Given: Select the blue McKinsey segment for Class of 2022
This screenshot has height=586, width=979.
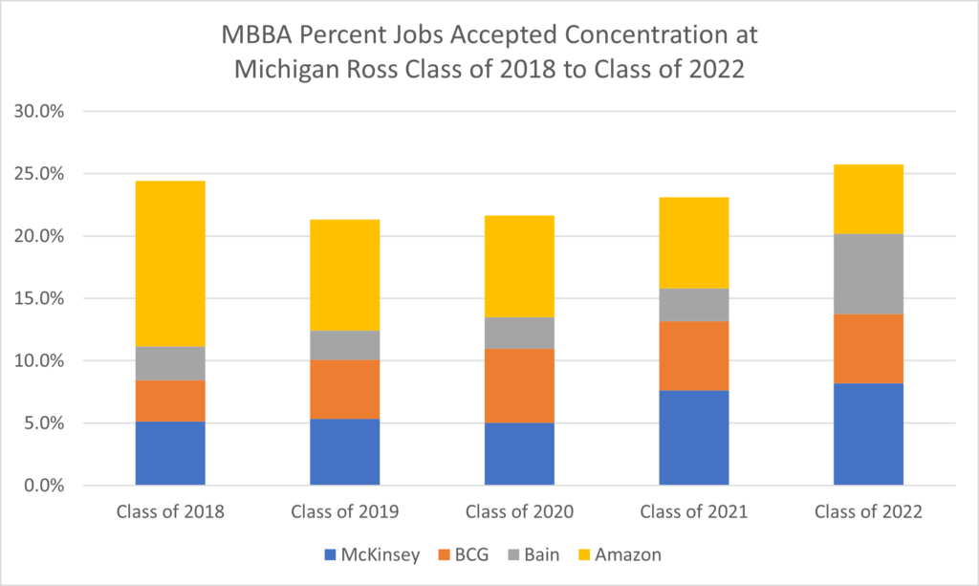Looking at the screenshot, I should point(868,434).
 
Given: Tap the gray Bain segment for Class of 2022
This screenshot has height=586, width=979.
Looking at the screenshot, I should point(868,273).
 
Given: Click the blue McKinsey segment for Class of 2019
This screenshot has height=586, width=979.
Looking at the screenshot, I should point(345,451).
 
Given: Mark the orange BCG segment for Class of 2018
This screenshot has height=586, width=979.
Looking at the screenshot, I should point(170,401).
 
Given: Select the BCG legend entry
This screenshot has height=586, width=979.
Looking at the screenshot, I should point(472,553).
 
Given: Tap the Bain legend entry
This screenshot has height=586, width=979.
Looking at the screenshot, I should point(551,553).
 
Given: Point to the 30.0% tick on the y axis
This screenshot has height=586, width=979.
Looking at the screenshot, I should point(38,111).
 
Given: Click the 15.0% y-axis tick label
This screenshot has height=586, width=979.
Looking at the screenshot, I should point(38,298).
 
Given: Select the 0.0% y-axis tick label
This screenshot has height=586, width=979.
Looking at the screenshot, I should point(42,486).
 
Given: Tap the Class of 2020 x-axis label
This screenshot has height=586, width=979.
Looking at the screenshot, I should point(519,511).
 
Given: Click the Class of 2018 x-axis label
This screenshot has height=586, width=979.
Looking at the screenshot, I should point(170,511).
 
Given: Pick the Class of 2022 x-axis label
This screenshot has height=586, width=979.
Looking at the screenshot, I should point(868,511).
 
